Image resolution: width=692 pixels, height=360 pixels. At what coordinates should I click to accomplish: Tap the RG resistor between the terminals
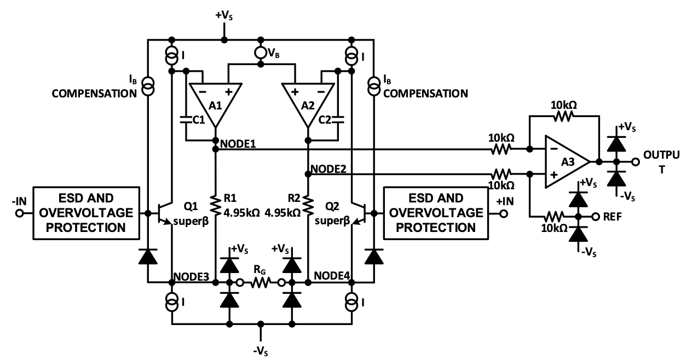[x=261, y=283]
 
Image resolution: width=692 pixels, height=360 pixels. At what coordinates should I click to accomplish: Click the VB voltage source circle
[x=261, y=54]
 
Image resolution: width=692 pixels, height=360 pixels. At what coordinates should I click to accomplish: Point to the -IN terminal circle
[x=19, y=213]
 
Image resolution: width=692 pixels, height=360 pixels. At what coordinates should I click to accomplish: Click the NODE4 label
[x=332, y=275]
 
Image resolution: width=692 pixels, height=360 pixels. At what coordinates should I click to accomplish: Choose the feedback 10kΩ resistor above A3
[x=564, y=115]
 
